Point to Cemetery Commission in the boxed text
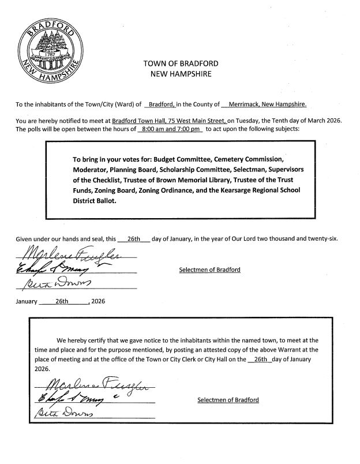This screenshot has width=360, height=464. pyautogui.click(x=250, y=158)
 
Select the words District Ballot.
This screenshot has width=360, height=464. pyautogui.click(x=95, y=202)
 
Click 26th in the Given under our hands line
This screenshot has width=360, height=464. pyautogui.click(x=134, y=238)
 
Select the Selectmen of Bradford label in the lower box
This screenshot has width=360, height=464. pyautogui.click(x=228, y=399)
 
